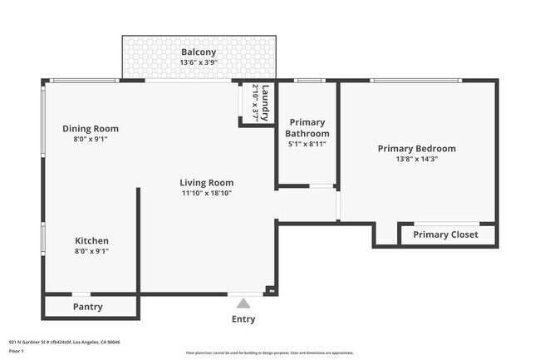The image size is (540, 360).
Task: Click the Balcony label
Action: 199,52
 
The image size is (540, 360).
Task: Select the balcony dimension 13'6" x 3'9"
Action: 199,62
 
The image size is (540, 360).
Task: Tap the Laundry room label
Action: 266,103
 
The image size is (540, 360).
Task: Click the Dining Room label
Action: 91,129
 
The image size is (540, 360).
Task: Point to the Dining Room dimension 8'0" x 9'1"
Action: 91,140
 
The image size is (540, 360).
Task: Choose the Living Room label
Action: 207,183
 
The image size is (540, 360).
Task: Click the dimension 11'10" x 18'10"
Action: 207,193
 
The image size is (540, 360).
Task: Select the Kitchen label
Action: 91,241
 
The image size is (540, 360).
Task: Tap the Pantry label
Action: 88,307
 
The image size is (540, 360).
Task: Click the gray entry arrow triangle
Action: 243,303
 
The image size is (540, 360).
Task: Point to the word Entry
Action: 243,319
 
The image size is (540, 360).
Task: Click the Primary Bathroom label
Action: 307,128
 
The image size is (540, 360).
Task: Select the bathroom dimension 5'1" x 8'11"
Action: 307,144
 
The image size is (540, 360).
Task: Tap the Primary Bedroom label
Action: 416,149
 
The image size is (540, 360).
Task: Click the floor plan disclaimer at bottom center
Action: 269,353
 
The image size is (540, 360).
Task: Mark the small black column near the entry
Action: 269,290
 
